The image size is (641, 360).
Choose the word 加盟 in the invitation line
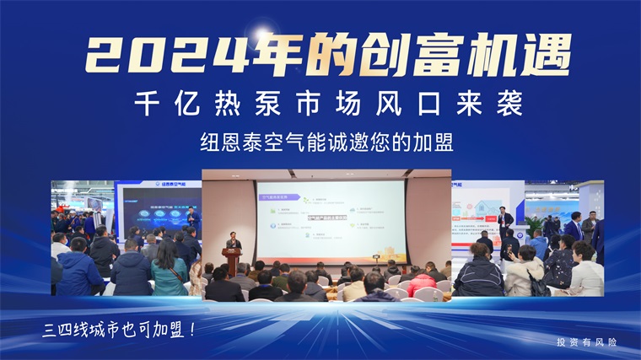[x=434, y=142]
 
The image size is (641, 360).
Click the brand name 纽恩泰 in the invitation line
[x=226, y=142]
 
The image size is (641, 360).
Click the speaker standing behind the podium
[x=233, y=244]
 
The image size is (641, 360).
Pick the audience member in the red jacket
[x=418, y=282]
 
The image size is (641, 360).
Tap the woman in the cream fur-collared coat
[x=523, y=274]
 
